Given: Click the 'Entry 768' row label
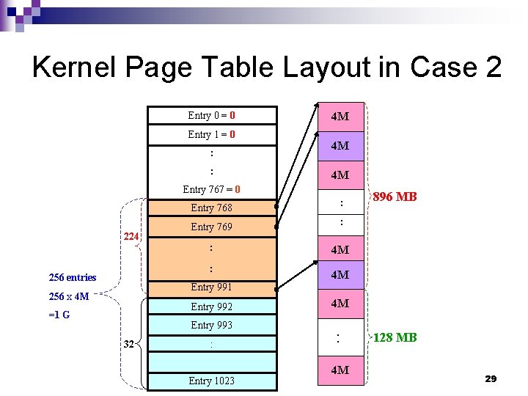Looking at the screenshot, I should [x=211, y=208].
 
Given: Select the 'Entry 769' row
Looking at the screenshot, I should [x=211, y=227].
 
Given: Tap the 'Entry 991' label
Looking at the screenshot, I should [x=211, y=287].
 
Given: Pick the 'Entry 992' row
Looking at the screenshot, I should [x=211, y=307].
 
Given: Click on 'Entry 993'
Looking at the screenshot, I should [x=211, y=325].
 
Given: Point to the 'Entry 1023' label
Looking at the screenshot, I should [x=211, y=381].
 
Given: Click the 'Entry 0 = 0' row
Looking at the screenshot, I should [x=211, y=115].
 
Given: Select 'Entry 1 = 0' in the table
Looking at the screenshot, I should [x=211, y=134].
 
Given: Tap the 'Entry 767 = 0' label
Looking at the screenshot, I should [x=211, y=190].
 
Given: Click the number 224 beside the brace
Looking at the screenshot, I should [x=131, y=236].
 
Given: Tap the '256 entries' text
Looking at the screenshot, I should [x=72, y=277].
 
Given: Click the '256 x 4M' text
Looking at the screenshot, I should [x=68, y=297].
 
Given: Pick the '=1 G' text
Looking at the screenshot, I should [x=60, y=316].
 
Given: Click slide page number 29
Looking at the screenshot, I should [x=491, y=378].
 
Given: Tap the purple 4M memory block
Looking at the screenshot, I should [x=340, y=146].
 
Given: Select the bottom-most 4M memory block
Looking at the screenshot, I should [x=340, y=370].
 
